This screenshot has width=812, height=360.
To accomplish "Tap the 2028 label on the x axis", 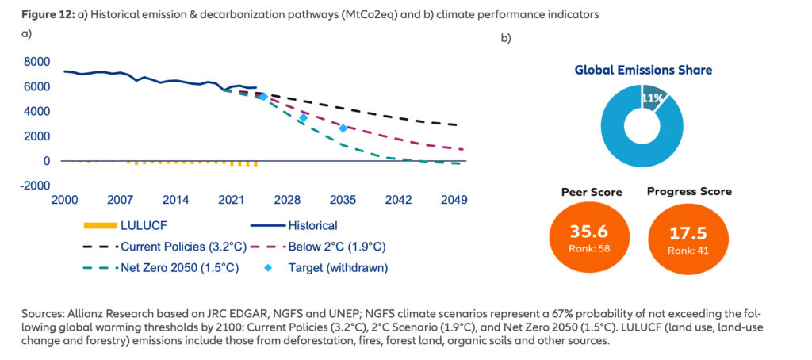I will [287, 201].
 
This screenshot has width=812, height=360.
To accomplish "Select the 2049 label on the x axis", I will [454, 201].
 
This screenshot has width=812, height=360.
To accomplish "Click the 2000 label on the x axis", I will [64, 201].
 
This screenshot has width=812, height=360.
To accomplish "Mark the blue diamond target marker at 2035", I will [343, 128].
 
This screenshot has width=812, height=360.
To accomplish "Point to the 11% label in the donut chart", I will [652, 98].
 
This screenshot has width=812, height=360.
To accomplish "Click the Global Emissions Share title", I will [643, 70].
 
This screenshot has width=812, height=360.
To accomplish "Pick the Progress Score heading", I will [689, 191].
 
